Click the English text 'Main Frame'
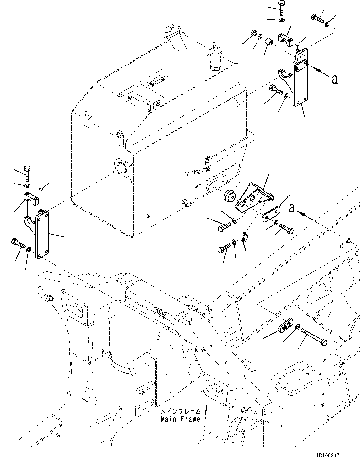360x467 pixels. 180,419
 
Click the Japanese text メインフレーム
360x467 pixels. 180,412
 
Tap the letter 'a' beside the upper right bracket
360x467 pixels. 335,79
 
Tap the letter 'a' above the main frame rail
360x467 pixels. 292,208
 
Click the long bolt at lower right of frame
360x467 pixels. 314,336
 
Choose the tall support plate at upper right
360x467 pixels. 300,77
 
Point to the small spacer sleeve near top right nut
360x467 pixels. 269,42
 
